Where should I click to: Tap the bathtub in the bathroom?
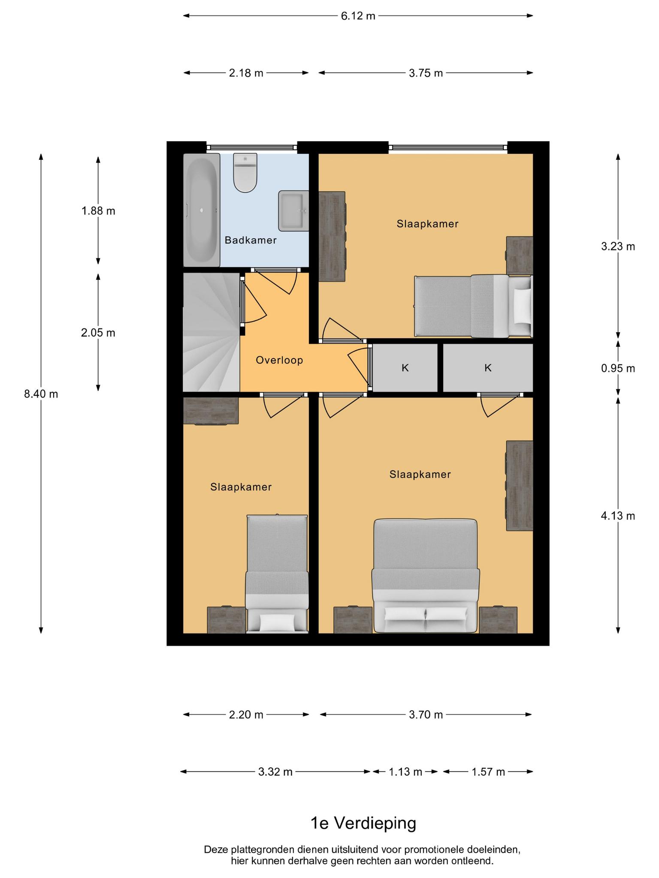coord(202,210)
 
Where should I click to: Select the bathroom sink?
coord(293,211)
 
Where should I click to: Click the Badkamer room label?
coord(251,240)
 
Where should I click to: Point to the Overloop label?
coord(279,360)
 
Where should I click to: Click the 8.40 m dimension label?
coord(41,394)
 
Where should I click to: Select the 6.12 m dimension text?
coord(358,16)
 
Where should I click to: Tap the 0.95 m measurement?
coord(618,368)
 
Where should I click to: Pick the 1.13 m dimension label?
coord(405,772)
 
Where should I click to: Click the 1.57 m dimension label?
coord(488,772)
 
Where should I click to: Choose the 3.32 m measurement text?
coord(275,772)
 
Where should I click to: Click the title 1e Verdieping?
coord(363,823)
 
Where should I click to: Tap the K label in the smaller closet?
coord(405,368)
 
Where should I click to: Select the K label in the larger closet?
coord(488,368)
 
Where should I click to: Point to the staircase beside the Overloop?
coord(212,332)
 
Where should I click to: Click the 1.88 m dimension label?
coord(98,211)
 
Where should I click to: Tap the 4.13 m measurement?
coord(618,516)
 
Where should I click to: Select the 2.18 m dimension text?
coord(246,73)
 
